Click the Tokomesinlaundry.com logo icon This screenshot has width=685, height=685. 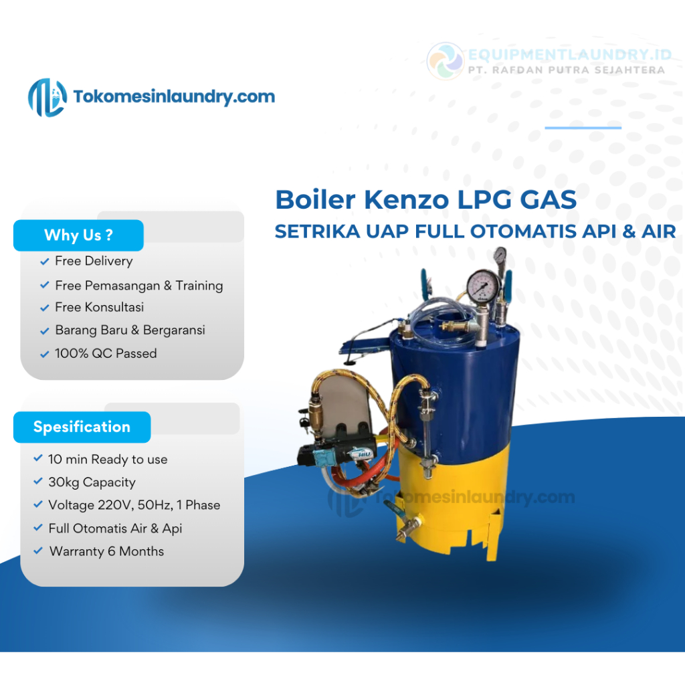click(x=47, y=97)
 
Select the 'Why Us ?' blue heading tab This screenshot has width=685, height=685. click(x=78, y=235)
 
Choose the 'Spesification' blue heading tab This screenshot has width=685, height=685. click(x=82, y=427)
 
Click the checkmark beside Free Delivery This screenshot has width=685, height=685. click(x=45, y=262)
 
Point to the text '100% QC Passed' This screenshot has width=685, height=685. click(x=106, y=353)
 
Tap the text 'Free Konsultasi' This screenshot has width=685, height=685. click(x=99, y=307)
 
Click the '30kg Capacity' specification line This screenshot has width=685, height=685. click(x=92, y=482)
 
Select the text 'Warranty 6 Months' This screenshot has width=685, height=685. click(x=106, y=551)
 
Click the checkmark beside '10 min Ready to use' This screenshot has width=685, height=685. click(x=38, y=460)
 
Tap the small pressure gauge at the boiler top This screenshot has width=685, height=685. click(x=500, y=256)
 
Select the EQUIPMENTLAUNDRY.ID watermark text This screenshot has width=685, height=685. click(x=567, y=55)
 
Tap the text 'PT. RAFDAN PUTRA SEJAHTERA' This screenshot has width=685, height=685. click(x=567, y=70)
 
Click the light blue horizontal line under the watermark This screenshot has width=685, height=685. click(x=583, y=127)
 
